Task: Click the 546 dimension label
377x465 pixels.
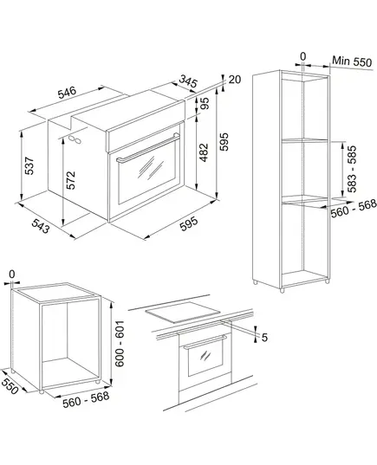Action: pyautogui.click(x=67, y=93)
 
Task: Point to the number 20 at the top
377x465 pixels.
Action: pyautogui.click(x=235, y=80)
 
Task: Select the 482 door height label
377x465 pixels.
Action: pyautogui.click(x=204, y=152)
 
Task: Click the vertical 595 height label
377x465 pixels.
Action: pyautogui.click(x=224, y=142)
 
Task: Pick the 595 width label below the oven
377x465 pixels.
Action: pyautogui.click(x=189, y=224)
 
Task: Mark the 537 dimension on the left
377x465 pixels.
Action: pyautogui.click(x=29, y=165)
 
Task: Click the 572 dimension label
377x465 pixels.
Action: pyautogui.click(x=71, y=180)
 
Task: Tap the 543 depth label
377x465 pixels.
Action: pyautogui.click(x=40, y=226)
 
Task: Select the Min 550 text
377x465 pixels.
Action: pyautogui.click(x=352, y=61)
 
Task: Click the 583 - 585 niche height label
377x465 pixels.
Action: pyautogui.click(x=352, y=169)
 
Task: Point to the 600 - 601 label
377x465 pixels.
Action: pyautogui.click(x=120, y=344)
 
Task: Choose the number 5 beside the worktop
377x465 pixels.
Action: pyautogui.click(x=264, y=337)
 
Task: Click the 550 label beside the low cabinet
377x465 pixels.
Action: pyautogui.click(x=10, y=386)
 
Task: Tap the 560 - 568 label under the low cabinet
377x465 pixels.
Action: pyautogui.click(x=86, y=399)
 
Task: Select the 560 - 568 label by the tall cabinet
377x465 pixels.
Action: pyautogui.click(x=354, y=208)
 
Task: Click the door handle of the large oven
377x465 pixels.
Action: pyautogui.click(x=148, y=148)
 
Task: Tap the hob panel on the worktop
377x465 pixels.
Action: pyautogui.click(x=183, y=312)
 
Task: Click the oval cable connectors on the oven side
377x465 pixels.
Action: pyautogui.click(x=75, y=139)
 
